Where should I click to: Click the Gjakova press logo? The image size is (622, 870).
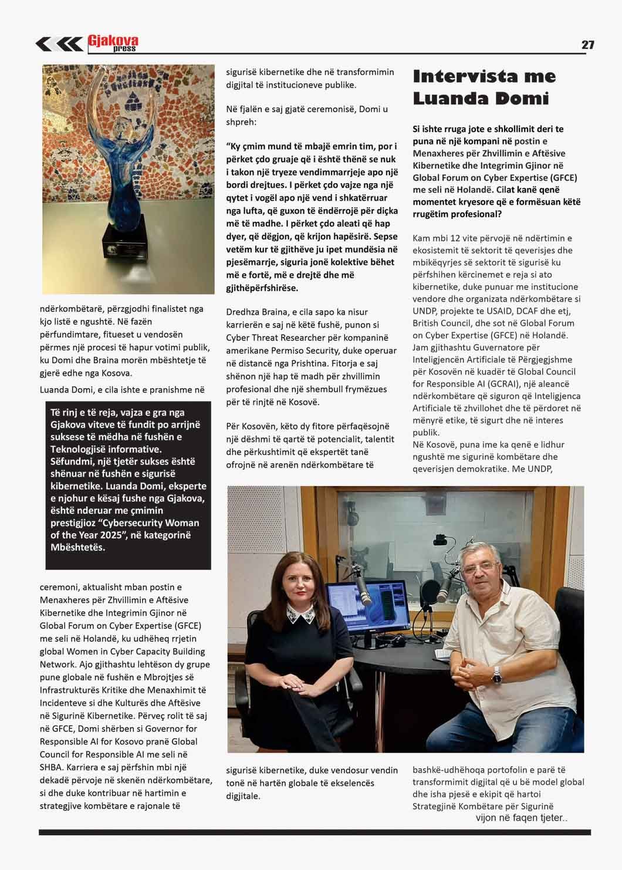tap(113, 43)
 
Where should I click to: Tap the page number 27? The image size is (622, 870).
tap(587, 45)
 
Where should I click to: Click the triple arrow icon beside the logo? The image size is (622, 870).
tap(59, 44)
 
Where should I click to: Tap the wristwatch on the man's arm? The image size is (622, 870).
tap(497, 675)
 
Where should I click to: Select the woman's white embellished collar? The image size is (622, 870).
tap(299, 616)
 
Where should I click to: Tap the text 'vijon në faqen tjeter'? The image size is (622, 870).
tap(521, 818)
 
